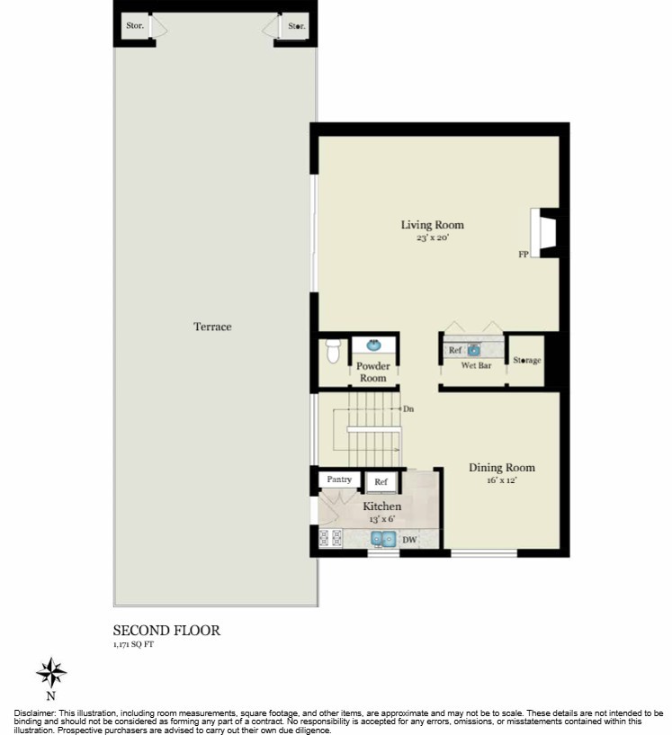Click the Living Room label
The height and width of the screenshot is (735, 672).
point(432,225)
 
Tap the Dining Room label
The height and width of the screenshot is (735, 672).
point(501,468)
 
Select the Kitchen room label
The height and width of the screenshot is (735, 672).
point(381,507)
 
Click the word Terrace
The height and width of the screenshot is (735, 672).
point(212,327)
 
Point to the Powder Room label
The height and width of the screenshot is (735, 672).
point(372,372)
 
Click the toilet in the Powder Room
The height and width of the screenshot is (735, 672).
point(333,350)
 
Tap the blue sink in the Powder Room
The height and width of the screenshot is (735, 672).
point(372,345)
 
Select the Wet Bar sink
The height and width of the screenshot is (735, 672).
point(474,350)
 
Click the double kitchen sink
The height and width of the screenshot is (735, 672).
point(384,540)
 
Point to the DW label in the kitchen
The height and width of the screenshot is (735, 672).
point(408,540)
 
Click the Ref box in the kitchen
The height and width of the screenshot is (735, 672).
point(381,483)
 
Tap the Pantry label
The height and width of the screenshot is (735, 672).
point(339,480)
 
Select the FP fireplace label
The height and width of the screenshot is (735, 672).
point(523,255)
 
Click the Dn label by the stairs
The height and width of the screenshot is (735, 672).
point(408,408)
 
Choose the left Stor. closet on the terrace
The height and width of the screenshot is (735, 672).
point(134,27)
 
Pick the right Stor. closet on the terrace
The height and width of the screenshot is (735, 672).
point(296,27)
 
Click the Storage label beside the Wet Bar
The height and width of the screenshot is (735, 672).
point(526,361)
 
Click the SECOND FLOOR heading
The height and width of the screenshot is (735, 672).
point(166,631)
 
